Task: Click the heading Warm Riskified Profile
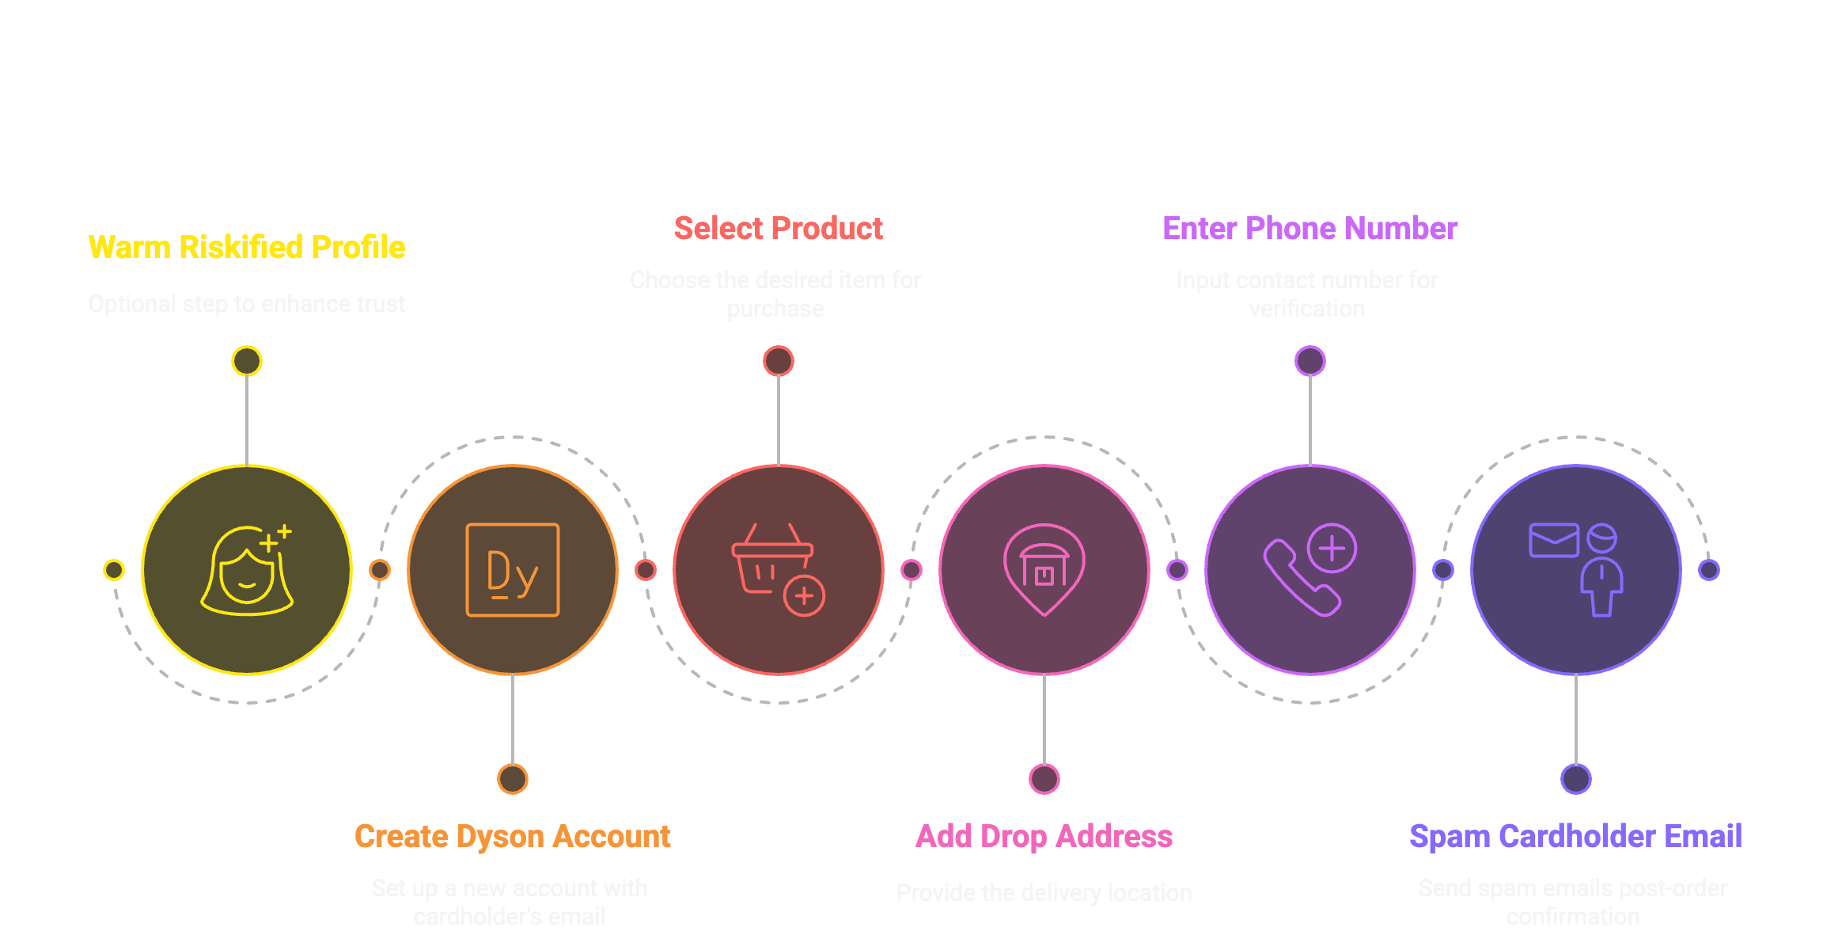(x=246, y=247)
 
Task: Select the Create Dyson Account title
(x=512, y=836)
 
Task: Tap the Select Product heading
(x=778, y=228)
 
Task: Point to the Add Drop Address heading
(x=1044, y=836)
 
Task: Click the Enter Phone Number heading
(x=1309, y=228)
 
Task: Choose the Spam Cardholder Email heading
(x=1575, y=836)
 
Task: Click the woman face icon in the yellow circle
(x=246, y=572)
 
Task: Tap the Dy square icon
(x=513, y=570)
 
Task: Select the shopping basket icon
(x=769, y=559)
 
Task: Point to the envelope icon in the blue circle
(x=1553, y=540)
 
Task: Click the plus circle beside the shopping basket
(x=804, y=595)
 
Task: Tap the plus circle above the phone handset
(x=1332, y=548)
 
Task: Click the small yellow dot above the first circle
(x=247, y=361)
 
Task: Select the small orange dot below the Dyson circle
(x=513, y=779)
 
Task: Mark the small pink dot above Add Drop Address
(x=1044, y=779)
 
